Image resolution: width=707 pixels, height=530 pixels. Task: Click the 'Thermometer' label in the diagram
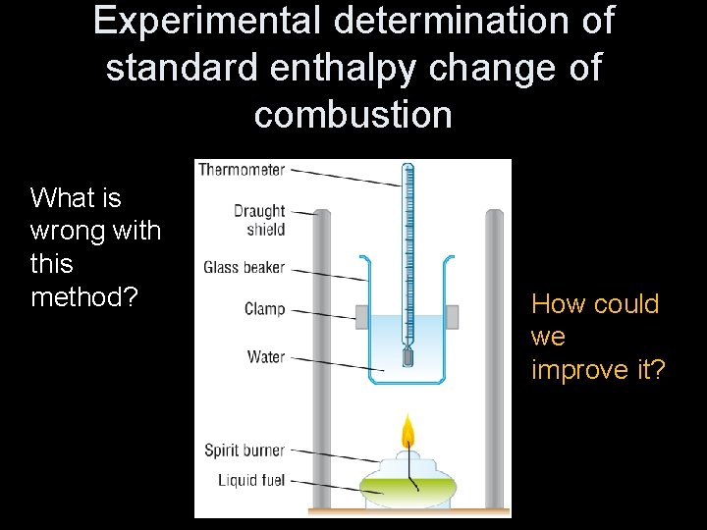[x=242, y=170]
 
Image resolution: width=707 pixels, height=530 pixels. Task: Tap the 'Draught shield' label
[x=259, y=220]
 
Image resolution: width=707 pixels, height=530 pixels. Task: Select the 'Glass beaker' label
[x=244, y=267]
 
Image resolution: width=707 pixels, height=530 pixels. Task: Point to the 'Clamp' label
[x=264, y=309]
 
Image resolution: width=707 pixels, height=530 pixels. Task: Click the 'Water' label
[x=266, y=356]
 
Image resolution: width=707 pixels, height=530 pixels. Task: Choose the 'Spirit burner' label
[x=245, y=450]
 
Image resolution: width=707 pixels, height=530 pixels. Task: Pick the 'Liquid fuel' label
[x=251, y=480]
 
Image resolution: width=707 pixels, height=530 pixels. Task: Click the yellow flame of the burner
[x=408, y=434]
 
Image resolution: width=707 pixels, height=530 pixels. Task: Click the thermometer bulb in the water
[x=408, y=355]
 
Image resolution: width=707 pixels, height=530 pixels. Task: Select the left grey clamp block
[x=361, y=317]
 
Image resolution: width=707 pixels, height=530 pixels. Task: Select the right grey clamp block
[x=452, y=317]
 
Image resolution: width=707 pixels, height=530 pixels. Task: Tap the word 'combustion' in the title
[x=353, y=115]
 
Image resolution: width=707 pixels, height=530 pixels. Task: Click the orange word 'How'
[x=556, y=304]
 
